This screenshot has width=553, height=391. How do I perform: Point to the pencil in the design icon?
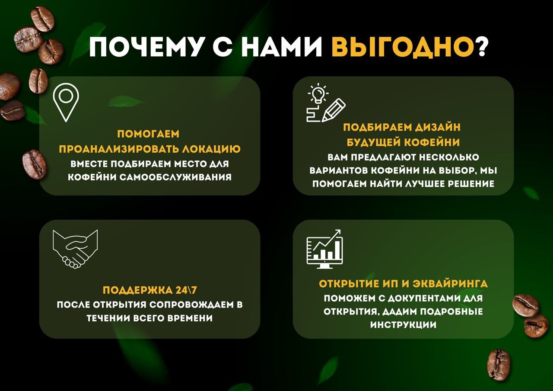(334, 110)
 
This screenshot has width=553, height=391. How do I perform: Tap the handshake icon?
(75, 249)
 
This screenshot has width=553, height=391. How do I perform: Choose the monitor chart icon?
(324, 249)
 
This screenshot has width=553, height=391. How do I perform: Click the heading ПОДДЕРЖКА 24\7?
(149, 290)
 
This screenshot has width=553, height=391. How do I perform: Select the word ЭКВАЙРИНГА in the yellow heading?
(450, 283)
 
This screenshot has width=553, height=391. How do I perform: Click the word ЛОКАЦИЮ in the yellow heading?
(211, 149)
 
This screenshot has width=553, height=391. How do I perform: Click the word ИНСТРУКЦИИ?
(403, 324)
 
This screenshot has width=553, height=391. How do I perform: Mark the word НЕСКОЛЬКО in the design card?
(449, 157)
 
